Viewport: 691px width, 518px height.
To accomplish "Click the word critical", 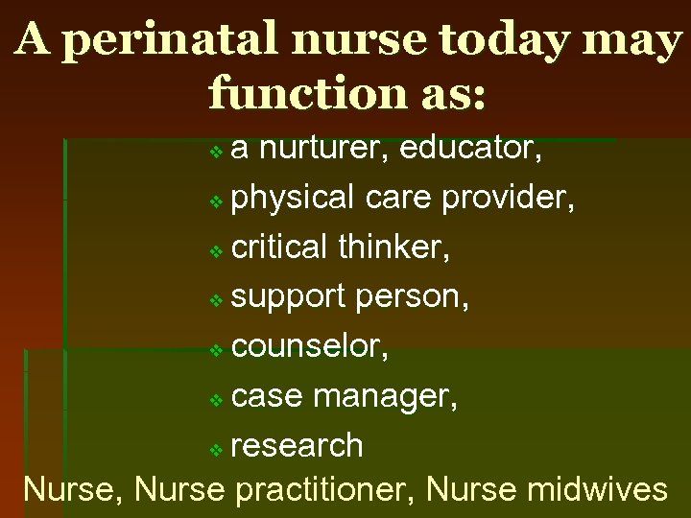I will coord(280,247).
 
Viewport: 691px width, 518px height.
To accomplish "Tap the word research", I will coord(298,446).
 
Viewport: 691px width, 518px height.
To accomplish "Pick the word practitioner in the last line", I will coord(324,489).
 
